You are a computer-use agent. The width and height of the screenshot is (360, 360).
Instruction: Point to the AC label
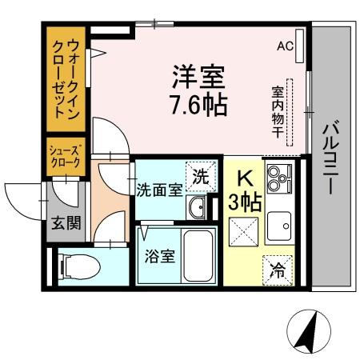click(285, 46)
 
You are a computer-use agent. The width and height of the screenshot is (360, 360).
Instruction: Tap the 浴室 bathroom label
click(158, 258)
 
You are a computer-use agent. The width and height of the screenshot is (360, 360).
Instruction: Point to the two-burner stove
click(279, 179)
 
